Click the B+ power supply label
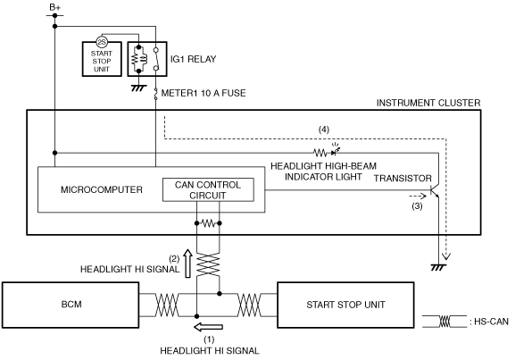54,7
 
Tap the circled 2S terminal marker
102,42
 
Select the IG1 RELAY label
193,59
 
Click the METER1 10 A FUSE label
204,93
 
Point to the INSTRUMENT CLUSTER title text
428,103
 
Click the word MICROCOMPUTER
102,189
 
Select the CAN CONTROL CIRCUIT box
208,189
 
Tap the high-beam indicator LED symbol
335,151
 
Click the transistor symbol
435,190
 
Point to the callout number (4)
324,130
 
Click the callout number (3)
417,206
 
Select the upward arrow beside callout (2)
187,264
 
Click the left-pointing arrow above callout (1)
208,327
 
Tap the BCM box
71,305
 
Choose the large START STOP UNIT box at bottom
345,305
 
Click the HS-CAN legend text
489,322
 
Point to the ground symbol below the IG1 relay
138,88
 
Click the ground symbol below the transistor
438,267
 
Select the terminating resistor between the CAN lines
208,223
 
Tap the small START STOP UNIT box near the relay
102,59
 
